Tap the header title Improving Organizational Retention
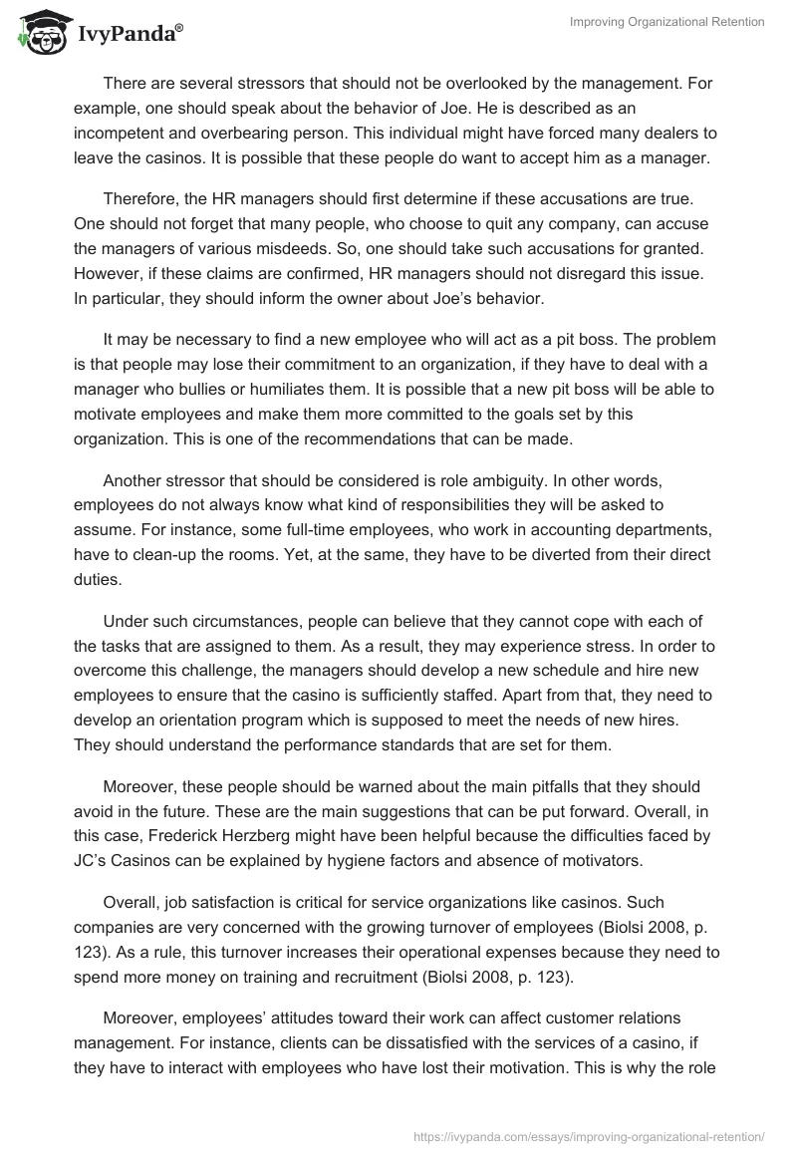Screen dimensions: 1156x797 (x=666, y=22)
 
